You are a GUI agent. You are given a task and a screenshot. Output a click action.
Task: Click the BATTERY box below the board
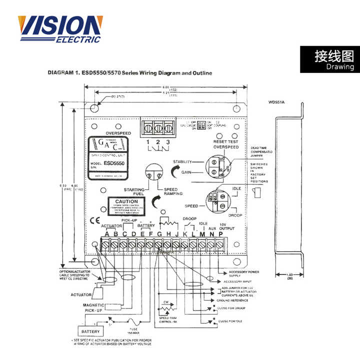(90, 331)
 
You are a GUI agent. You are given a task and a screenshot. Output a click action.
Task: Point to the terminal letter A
(106, 234)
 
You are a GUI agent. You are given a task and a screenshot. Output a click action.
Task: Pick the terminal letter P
(220, 234)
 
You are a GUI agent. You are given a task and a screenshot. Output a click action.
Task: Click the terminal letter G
(159, 234)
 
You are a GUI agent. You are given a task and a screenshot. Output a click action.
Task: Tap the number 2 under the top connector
(157, 142)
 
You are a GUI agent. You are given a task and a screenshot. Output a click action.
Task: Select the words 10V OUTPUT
(226, 226)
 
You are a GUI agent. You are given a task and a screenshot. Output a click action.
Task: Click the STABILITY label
(182, 162)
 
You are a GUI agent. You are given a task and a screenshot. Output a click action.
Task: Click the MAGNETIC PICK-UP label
(93, 308)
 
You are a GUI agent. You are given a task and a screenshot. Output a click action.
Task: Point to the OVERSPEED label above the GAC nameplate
(118, 133)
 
